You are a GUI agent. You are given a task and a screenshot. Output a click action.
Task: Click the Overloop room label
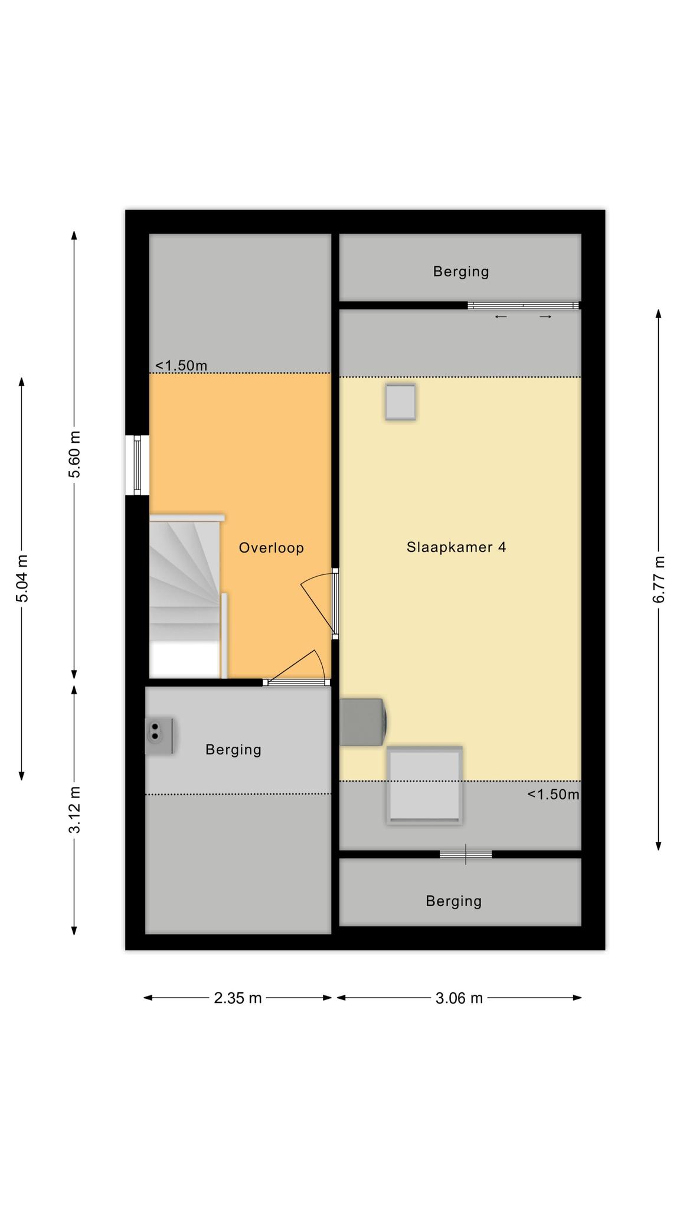click(271, 548)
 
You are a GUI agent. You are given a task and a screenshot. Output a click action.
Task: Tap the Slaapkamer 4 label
click(456, 547)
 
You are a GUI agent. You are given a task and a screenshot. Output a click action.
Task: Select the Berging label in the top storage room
click(461, 272)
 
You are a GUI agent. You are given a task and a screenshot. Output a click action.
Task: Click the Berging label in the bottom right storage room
click(454, 901)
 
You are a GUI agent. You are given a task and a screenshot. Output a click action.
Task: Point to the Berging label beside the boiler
click(233, 750)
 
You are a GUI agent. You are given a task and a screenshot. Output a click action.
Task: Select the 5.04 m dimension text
click(22, 579)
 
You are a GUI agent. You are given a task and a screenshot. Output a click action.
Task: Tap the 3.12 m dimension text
click(74, 809)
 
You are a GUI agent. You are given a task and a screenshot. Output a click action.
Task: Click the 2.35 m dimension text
click(238, 998)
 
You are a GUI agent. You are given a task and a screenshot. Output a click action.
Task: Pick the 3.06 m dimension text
click(459, 998)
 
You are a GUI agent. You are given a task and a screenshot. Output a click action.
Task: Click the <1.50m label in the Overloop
click(181, 365)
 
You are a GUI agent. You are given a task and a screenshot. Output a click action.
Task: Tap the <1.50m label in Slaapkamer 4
click(553, 794)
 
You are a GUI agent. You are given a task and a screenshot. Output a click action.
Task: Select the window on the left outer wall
click(137, 465)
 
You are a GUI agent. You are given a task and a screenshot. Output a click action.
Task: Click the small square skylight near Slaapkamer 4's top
click(401, 402)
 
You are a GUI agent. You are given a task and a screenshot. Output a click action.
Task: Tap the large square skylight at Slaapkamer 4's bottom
click(424, 785)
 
